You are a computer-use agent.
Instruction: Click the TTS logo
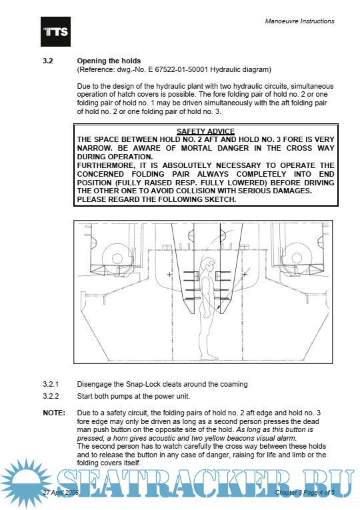coord(55,31)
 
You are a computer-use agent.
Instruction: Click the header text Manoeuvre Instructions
coord(299,21)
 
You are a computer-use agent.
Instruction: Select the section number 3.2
coord(48,61)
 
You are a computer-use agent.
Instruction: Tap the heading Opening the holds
coord(109,61)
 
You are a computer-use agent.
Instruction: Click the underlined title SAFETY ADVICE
coord(205,131)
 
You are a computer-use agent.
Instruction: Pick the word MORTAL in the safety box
coord(197,148)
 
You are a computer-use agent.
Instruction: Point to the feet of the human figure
coord(209,357)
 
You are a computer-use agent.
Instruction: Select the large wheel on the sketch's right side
coord(296,258)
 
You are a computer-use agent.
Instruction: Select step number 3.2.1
coord(51,384)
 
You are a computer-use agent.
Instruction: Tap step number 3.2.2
coord(51,396)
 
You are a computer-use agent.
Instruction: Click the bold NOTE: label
coord(54,413)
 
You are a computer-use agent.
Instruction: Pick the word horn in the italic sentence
coord(120,438)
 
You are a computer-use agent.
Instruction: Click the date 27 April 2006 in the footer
coord(61,492)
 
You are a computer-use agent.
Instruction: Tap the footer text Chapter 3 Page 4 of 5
coord(305,492)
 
